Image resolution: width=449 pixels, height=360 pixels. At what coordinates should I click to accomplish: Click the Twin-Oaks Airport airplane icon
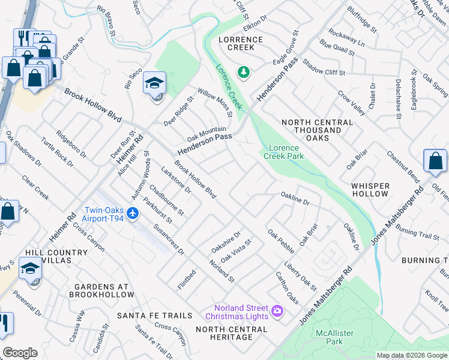(133, 214)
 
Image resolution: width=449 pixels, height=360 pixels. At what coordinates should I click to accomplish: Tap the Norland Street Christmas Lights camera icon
(277, 310)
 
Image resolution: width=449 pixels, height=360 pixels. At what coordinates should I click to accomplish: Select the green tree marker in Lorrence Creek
(243, 73)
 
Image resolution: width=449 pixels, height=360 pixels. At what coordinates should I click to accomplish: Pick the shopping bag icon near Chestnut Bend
(435, 161)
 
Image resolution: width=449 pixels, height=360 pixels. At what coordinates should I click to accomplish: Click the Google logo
(20, 353)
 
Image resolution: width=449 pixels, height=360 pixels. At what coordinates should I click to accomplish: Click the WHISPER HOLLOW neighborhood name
(370, 190)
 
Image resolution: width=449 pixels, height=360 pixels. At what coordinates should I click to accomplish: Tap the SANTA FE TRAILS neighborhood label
(155, 316)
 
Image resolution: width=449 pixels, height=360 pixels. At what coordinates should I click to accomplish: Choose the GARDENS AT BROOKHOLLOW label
(101, 290)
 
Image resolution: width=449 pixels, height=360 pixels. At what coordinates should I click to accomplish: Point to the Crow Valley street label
(351, 103)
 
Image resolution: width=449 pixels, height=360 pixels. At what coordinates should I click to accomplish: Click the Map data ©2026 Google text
(412, 355)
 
